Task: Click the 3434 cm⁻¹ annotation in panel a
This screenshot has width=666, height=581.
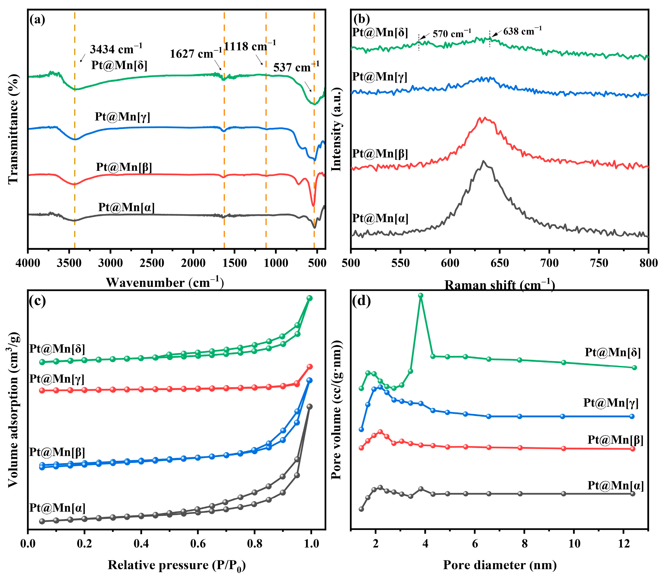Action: pyautogui.click(x=116, y=49)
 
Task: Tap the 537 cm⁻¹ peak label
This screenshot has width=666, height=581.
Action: pyautogui.click(x=296, y=67)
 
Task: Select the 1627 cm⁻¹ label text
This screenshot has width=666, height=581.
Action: pyautogui.click(x=196, y=54)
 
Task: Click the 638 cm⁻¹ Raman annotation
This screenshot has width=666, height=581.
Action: pyautogui.click(x=522, y=31)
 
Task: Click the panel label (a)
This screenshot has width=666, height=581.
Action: pyautogui.click(x=37, y=20)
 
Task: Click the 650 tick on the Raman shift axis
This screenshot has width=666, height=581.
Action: pyautogui.click(x=500, y=263)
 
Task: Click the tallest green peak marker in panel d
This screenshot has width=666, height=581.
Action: pyautogui.click(x=421, y=295)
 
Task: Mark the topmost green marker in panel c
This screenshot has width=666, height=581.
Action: pyautogui.click(x=310, y=298)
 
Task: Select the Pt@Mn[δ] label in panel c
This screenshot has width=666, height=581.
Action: pyautogui.click(x=57, y=349)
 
